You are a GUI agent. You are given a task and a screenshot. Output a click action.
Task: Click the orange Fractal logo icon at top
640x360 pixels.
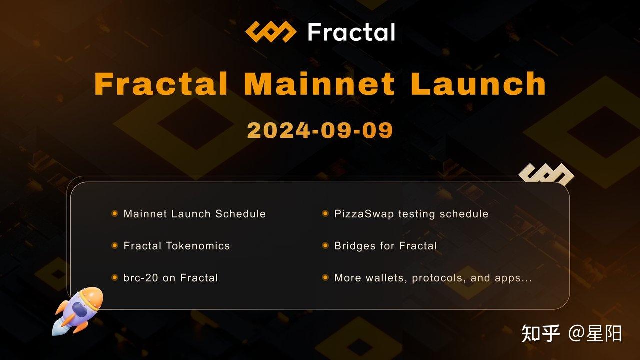(271, 32)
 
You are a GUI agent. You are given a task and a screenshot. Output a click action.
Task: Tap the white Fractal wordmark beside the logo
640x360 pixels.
(351, 32)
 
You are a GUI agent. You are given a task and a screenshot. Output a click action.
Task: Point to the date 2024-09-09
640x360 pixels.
(320, 130)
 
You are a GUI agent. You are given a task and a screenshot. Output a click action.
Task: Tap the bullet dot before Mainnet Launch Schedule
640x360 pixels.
(115, 213)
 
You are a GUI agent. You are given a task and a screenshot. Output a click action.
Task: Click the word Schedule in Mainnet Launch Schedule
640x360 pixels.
(240, 214)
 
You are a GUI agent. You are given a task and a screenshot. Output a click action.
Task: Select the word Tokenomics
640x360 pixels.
(198, 246)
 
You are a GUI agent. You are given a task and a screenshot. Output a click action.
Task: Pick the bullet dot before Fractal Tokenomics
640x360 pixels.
(115, 245)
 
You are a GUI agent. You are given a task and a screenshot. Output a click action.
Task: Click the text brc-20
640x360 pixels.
(141, 278)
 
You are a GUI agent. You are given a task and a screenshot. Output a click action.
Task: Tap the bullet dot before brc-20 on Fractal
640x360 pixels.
(115, 277)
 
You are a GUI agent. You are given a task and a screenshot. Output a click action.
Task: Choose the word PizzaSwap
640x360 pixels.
(364, 214)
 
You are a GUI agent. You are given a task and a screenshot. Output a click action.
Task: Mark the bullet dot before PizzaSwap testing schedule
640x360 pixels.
(325, 213)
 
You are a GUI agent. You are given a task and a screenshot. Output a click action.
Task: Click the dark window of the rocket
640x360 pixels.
(80, 309)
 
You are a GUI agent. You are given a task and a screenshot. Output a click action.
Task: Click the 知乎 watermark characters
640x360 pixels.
(540, 333)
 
